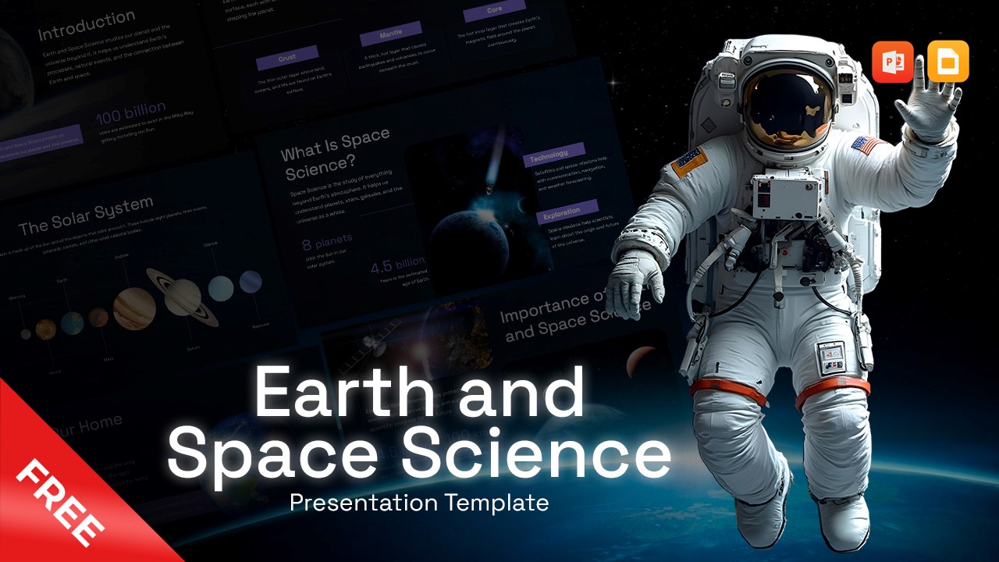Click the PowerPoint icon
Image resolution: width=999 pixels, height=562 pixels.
click(x=893, y=62)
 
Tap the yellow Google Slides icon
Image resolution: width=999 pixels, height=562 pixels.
click(x=948, y=62)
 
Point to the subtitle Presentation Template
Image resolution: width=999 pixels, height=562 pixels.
click(x=419, y=503)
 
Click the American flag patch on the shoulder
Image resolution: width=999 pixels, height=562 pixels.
click(x=867, y=144)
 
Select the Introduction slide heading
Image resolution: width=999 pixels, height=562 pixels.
click(x=87, y=26)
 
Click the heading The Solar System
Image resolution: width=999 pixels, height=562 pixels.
click(x=85, y=216)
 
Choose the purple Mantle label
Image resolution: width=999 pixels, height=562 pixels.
click(x=390, y=34)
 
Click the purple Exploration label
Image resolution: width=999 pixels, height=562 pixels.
click(x=562, y=211)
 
